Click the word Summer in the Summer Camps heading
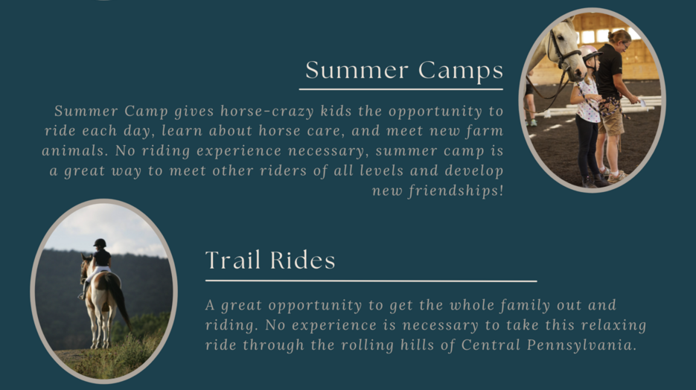[x=357, y=70]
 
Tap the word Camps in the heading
[x=461, y=71]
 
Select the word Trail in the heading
[x=232, y=260]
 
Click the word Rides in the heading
[x=302, y=260]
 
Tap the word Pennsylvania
[x=582, y=345]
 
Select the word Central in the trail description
[x=491, y=345]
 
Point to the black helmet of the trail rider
[x=100, y=243]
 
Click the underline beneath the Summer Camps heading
[x=400, y=89]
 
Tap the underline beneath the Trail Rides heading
[x=371, y=281]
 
